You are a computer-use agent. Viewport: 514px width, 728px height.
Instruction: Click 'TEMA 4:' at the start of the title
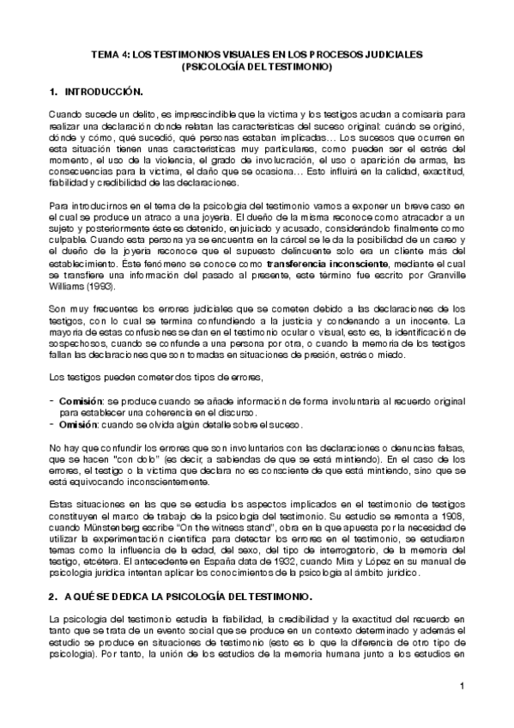[109, 53]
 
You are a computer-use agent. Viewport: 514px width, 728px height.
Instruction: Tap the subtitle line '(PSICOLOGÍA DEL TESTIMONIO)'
[257, 65]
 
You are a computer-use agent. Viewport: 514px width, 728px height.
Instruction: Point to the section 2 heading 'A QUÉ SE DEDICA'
[112, 596]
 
